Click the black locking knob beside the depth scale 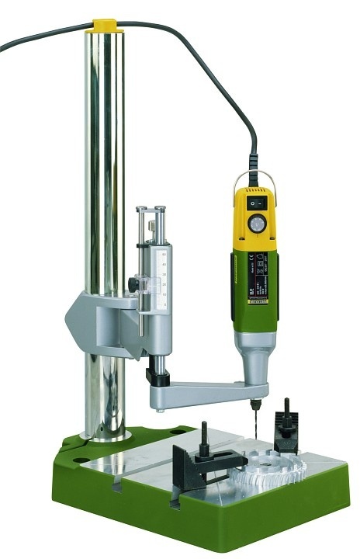click(134, 286)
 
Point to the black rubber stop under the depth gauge click(157, 377)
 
